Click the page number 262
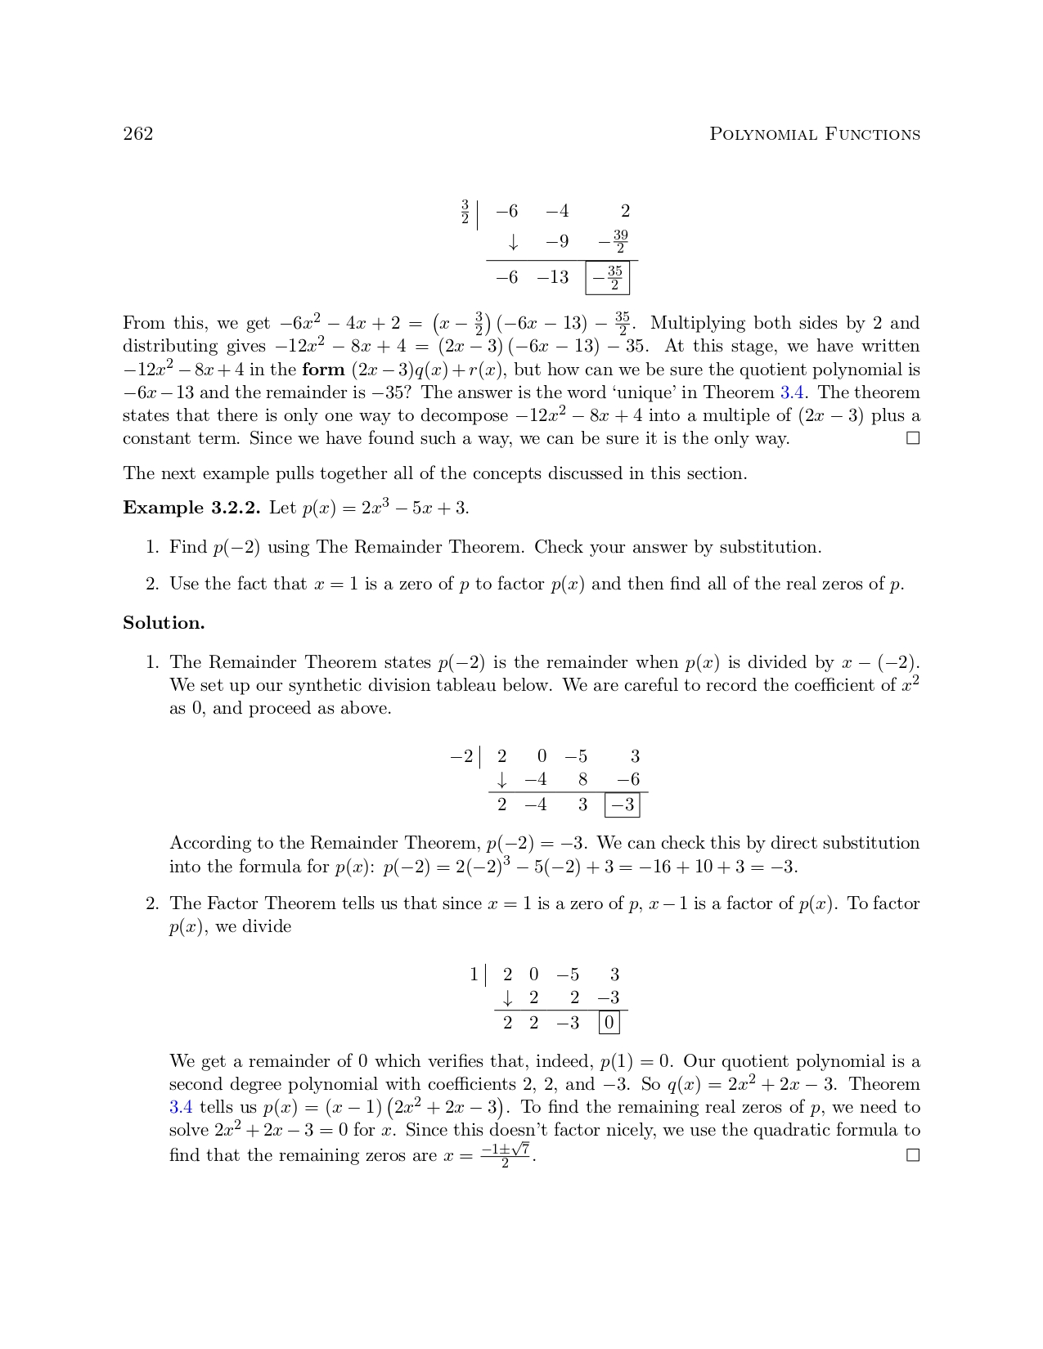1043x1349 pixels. pyautogui.click(x=137, y=134)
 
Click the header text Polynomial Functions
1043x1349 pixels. pyautogui.click(x=814, y=134)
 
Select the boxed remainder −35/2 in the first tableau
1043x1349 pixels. pyautogui.click(x=608, y=278)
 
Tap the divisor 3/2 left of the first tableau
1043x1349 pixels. pyautogui.click(x=465, y=212)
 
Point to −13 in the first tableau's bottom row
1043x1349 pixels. pyautogui.click(x=553, y=278)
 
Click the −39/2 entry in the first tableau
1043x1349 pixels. pyautogui.click(x=614, y=242)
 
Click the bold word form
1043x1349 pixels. pyautogui.click(x=323, y=370)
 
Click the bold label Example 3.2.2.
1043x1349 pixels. pyautogui.click(x=191, y=508)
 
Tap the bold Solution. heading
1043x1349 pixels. pyautogui.click(x=164, y=623)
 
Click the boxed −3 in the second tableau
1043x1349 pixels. pyautogui.click(x=622, y=805)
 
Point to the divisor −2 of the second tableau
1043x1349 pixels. pyautogui.click(x=461, y=757)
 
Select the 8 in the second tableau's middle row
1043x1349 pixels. pyautogui.click(x=582, y=780)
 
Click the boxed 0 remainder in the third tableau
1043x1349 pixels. pyautogui.click(x=609, y=1023)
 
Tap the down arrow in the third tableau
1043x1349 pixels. pyautogui.click(x=508, y=998)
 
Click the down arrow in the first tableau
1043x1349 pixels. pyautogui.click(x=513, y=243)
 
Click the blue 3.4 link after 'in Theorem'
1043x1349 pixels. pyautogui.click(x=791, y=392)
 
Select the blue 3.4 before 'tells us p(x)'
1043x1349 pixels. pyautogui.click(x=181, y=1108)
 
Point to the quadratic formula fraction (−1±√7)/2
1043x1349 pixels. pyautogui.click(x=506, y=1155)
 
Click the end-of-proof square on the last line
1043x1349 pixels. pyautogui.click(x=913, y=1155)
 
